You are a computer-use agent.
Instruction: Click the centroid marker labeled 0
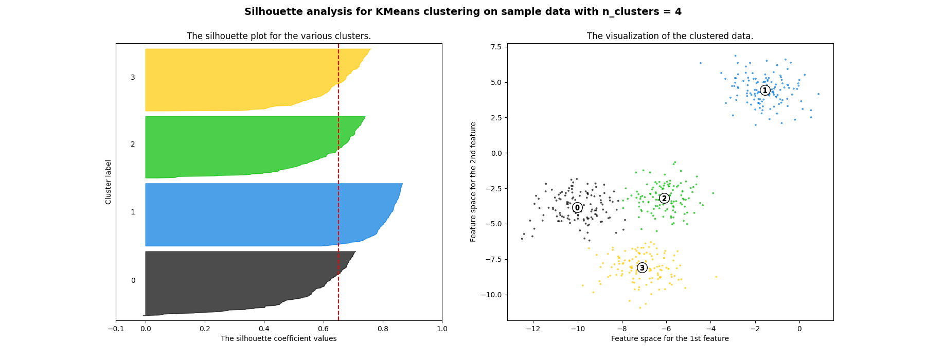[577, 207]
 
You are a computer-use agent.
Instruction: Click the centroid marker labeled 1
[765, 91]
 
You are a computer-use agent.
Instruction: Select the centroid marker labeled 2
[664, 199]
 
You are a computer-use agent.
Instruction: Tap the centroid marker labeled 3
[642, 268]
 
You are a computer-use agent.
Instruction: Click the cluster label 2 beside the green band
[133, 145]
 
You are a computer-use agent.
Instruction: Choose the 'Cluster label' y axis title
[109, 182]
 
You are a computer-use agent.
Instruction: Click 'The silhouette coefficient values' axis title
[278, 338]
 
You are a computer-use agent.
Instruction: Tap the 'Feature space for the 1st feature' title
[670, 338]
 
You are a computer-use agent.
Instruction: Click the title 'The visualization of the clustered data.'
[670, 36]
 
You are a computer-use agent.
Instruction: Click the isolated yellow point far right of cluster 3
[716, 277]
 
